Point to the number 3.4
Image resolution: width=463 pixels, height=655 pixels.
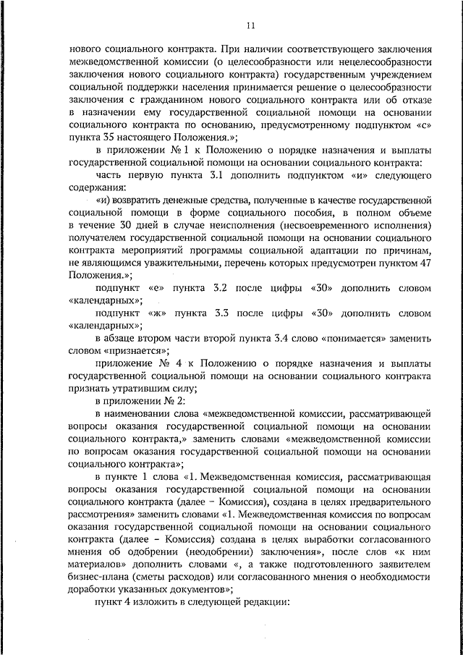301,338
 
